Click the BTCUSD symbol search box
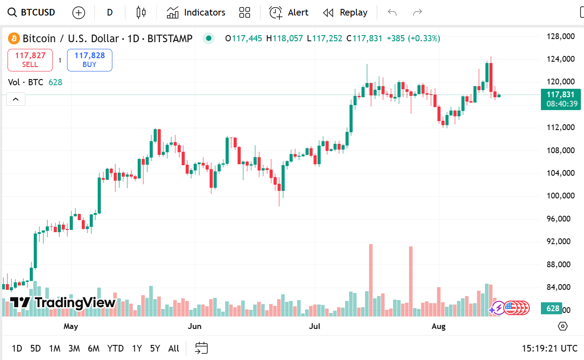pos(32,12)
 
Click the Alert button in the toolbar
pos(289,12)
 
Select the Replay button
pos(345,12)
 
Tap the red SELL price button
pos(30,60)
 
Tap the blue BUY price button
pos(90,60)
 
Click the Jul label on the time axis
pos(314,327)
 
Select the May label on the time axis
pos(71,327)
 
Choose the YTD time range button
pos(115,348)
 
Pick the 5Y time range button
pos(155,348)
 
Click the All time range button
pos(174,348)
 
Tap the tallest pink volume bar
pos(371,280)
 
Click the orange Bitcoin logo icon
pos(14,39)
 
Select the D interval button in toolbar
pos(110,12)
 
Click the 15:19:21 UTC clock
pos(549,348)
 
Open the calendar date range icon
pos(201,348)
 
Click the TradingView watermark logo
pos(63,303)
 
